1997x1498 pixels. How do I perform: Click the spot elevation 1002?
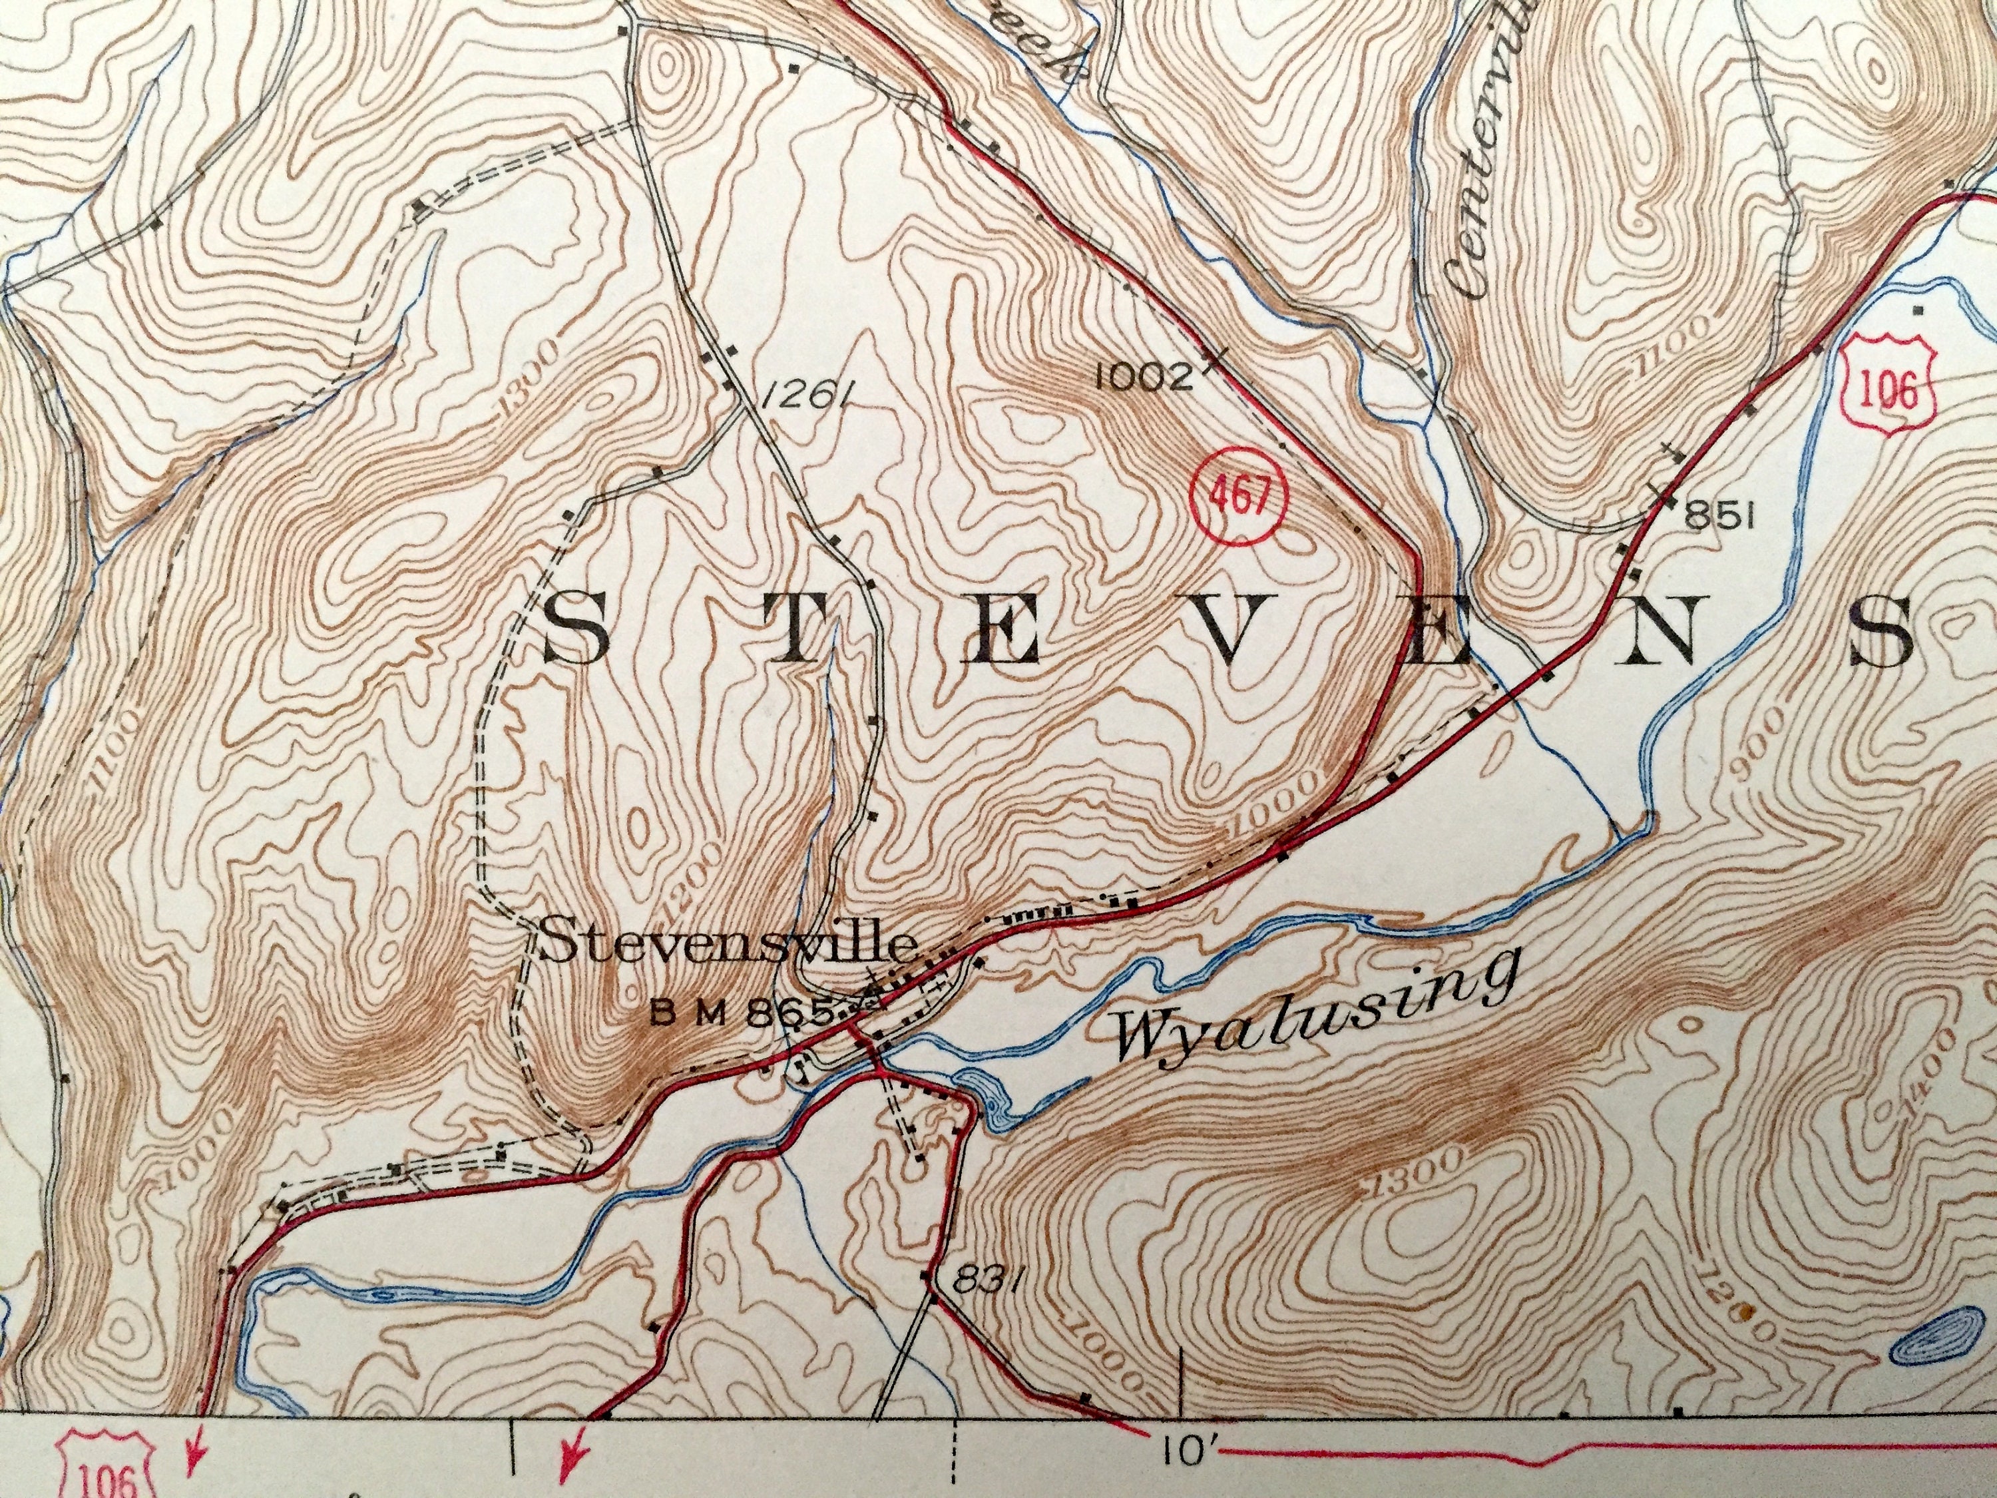(1145, 375)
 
